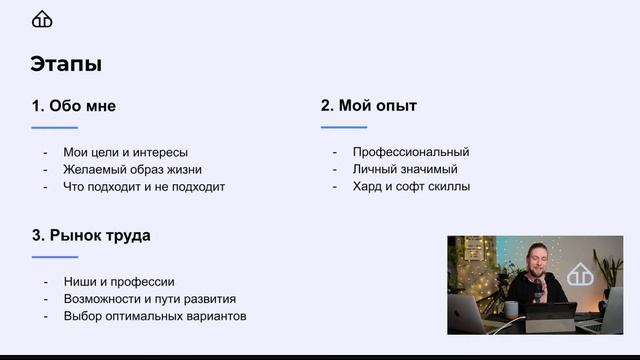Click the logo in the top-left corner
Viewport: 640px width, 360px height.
(43, 19)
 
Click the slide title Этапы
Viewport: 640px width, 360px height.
(66, 65)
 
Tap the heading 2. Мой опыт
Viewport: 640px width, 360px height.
(368, 105)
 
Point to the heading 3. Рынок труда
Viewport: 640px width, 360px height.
(91, 236)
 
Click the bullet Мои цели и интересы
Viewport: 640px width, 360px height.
(125, 152)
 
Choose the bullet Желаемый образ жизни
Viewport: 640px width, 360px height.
(132, 169)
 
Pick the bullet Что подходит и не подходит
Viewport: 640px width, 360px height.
(144, 186)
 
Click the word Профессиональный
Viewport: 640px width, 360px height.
(411, 152)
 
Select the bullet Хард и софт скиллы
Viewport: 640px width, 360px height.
(411, 186)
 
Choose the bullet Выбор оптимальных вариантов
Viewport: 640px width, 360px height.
(154, 316)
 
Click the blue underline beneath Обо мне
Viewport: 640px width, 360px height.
(54, 128)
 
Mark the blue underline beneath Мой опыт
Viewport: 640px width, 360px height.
(344, 127)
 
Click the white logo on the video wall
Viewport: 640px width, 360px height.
(579, 277)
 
